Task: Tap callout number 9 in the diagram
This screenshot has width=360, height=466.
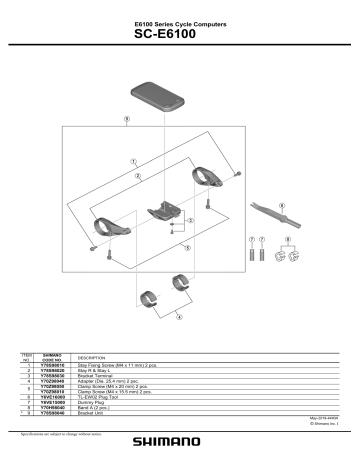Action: pos(126,121)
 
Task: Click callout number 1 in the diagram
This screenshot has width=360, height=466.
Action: pos(133,161)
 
